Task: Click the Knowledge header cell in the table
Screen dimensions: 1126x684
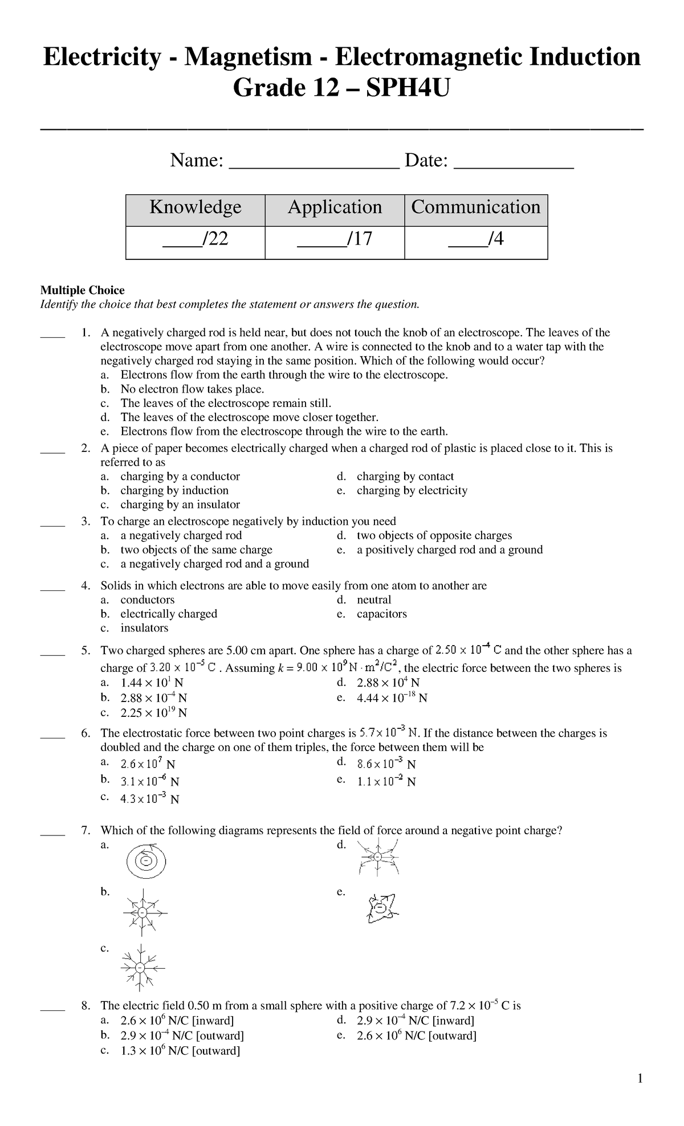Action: coord(195,207)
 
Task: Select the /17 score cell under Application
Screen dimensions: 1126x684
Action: coord(335,239)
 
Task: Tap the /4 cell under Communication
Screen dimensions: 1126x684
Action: coord(476,239)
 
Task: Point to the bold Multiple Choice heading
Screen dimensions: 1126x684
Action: coord(82,291)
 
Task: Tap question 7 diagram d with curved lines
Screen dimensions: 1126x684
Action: coord(378,857)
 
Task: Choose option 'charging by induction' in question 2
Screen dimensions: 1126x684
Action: coord(174,491)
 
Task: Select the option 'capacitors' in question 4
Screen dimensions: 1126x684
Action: coord(381,614)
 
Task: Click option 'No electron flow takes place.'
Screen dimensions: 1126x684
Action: coord(192,390)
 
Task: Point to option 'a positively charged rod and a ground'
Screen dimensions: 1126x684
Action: coord(449,550)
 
